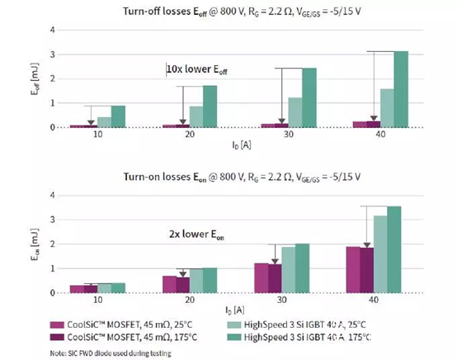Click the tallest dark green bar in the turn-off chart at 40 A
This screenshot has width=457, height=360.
coord(401,89)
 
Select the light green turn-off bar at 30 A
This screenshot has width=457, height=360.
coord(295,112)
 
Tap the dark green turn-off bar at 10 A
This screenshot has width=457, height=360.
coord(118,116)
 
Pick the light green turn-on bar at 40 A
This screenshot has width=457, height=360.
coord(380,254)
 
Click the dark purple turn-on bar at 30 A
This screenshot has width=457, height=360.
coord(275,278)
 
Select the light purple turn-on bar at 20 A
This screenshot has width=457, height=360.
coord(169,284)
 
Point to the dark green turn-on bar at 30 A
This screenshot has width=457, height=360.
coord(302,268)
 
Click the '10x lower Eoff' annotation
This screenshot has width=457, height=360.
coord(196,69)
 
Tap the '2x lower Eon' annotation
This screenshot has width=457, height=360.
coord(196,234)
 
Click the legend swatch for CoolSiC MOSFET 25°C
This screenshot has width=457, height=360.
coord(57,324)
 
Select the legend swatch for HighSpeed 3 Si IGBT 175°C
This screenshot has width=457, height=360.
coord(234,337)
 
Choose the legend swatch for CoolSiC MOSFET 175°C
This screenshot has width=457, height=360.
coord(57,337)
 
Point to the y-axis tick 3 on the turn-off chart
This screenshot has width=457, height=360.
coord(53,54)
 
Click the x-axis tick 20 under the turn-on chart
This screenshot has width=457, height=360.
coord(190,300)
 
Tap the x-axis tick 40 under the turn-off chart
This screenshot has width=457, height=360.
coord(380,135)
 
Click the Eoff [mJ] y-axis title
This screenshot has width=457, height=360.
coord(35,78)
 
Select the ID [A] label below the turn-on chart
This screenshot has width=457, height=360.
coord(234,310)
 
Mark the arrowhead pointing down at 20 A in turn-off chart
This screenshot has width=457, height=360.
coord(183,122)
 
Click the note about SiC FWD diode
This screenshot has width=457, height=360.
coord(111,353)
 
